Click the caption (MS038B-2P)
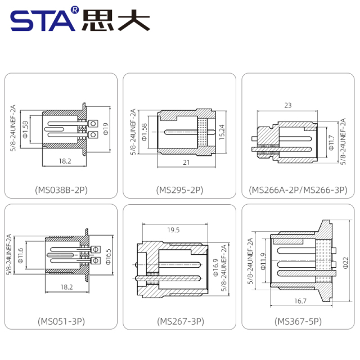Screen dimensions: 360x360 click(x=61, y=190)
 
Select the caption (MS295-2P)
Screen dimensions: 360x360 click(x=179, y=190)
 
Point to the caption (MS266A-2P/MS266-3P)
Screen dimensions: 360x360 click(x=298, y=190)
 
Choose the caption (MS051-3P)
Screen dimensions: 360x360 click(x=61, y=321)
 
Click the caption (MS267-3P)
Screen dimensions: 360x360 click(x=179, y=321)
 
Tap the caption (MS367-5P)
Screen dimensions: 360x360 click(x=298, y=321)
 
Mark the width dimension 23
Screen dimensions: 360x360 click(x=287, y=105)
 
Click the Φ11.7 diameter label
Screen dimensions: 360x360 click(x=332, y=141)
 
